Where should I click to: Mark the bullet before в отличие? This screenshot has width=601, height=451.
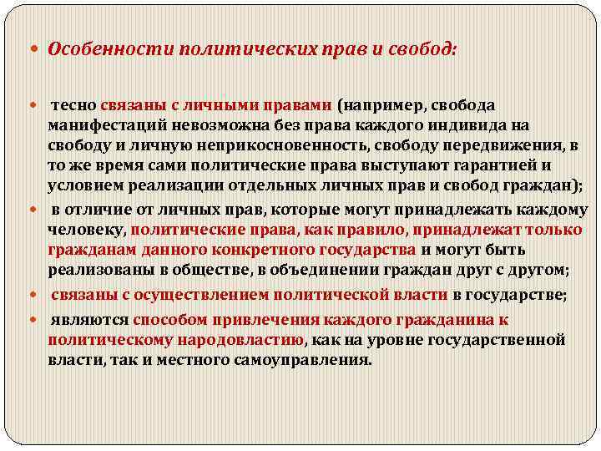coord(39,208)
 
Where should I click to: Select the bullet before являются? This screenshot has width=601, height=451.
coord(39,321)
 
